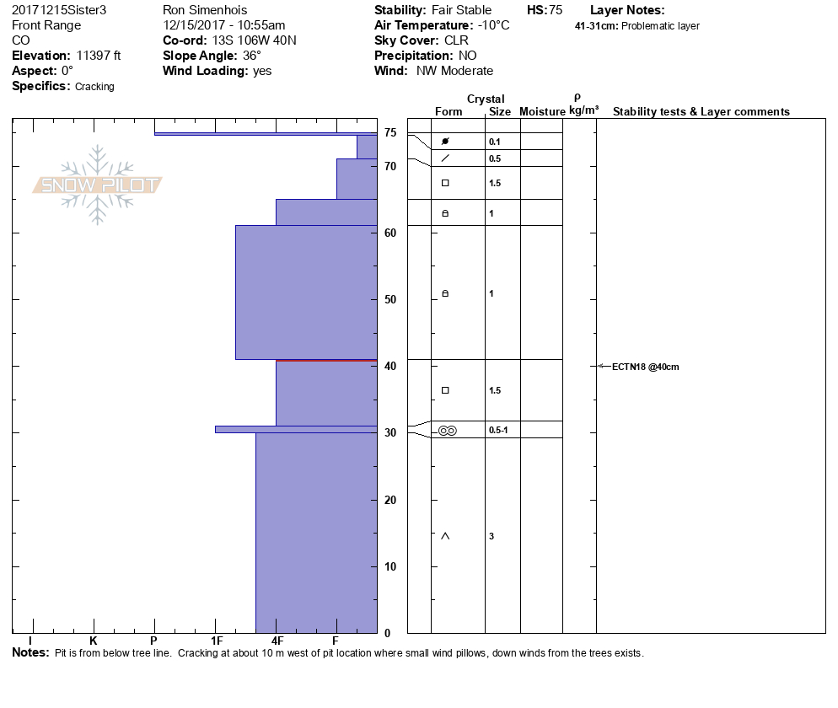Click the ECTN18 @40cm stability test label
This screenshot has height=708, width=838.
pos(645,367)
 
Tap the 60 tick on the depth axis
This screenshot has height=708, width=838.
pos(390,233)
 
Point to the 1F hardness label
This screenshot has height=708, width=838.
pos(216,641)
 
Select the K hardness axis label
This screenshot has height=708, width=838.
pos(94,641)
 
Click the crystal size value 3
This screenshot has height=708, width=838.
pos(492,536)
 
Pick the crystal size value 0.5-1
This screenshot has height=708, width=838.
pos(498,431)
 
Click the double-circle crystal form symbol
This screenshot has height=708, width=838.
pos(447,431)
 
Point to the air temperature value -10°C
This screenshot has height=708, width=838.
pos(493,25)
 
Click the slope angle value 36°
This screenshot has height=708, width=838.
pos(252,56)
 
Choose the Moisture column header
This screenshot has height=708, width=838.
pos(542,112)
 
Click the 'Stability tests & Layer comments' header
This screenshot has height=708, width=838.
pos(701,112)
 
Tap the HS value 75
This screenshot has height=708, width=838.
pos(555,10)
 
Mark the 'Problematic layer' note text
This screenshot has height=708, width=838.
pos(660,26)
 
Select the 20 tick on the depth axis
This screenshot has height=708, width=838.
pos(390,500)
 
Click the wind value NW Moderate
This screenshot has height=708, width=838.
pos(454,71)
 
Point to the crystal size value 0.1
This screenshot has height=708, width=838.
pos(495,142)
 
